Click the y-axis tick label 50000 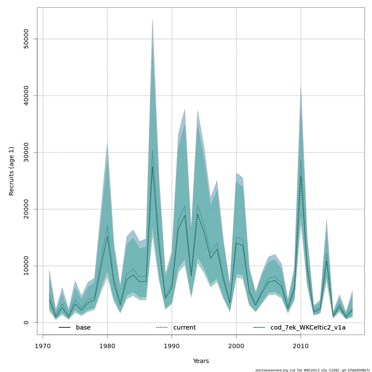coord(26,39)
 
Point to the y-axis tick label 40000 coord(26,96)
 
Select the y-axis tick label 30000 coord(26,153)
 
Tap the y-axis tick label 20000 coord(26,209)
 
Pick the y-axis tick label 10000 coord(26,266)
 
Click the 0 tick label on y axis coord(26,322)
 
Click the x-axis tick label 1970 coord(43,346)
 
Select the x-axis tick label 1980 coord(107,346)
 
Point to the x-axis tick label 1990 coord(172,346)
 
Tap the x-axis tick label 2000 coord(236,346)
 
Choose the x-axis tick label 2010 coord(301,346)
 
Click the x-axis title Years coord(201,361)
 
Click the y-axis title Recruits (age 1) coord(11,171)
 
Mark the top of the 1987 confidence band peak coord(153,20)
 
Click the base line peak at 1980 coord(107,236)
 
